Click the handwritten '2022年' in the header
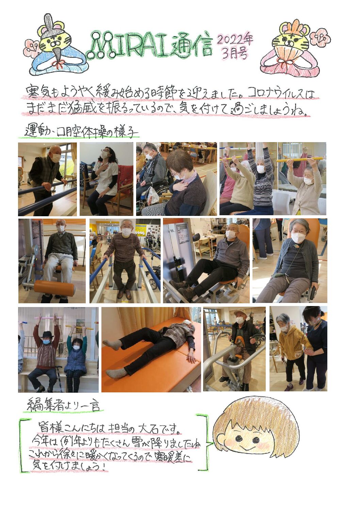[x=235, y=40]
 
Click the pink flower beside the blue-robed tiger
[x=32, y=47]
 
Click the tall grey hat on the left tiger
[x=48, y=22]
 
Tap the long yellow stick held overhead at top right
[x=299, y=159]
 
